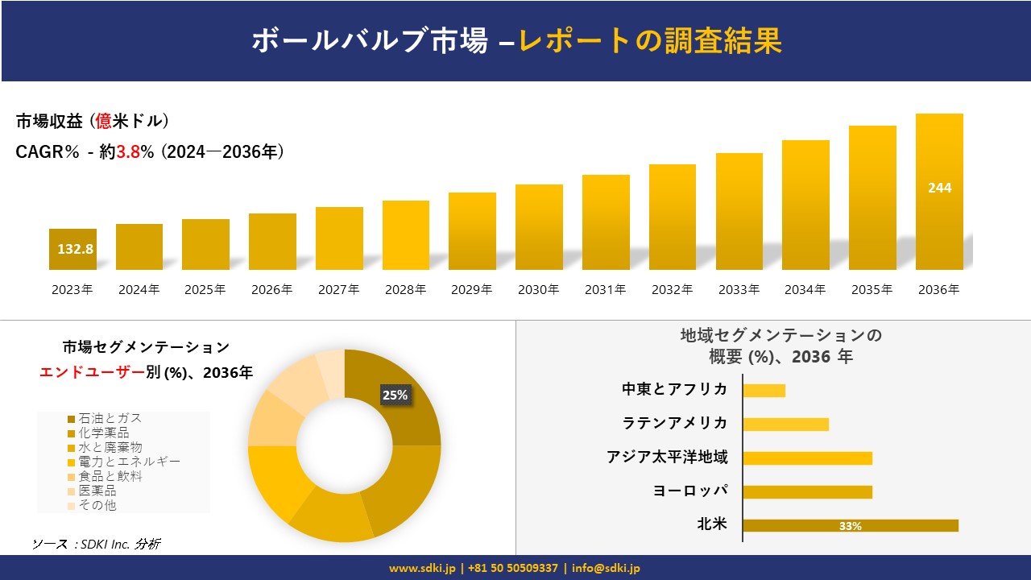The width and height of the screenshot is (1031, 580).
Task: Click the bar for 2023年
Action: click(72, 249)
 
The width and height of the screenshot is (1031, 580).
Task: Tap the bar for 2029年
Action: click(472, 231)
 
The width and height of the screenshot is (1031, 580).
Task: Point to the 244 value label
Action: click(939, 188)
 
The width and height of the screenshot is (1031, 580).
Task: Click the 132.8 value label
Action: click(75, 249)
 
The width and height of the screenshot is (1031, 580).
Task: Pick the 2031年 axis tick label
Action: click(605, 290)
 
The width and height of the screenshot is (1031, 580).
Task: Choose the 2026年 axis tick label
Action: click(271, 290)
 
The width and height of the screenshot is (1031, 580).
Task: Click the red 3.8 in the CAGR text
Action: click(128, 152)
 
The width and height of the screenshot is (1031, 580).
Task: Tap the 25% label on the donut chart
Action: click(395, 395)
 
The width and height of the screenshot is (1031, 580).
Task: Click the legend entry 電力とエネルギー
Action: click(129, 462)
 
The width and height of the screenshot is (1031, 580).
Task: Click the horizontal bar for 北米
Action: click(851, 526)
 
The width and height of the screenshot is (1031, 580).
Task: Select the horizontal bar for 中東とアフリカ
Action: click(764, 391)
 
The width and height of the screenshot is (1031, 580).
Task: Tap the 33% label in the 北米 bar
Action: click(850, 526)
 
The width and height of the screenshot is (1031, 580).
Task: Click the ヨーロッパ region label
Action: click(690, 491)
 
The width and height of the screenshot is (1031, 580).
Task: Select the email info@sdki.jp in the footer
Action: click(606, 568)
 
